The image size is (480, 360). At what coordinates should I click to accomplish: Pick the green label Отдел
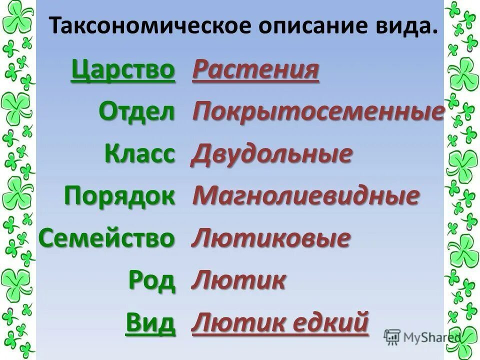coord(137,112)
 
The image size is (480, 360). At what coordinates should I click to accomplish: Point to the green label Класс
coord(140,153)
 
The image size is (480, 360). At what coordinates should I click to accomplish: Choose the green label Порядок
coord(120,195)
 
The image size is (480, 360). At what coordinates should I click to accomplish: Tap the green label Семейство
coord(107,238)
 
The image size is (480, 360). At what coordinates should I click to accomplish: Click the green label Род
coord(152,280)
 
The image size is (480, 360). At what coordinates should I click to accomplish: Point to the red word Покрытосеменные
coord(318,112)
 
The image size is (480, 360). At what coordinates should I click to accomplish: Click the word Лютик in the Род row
coord(239,279)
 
